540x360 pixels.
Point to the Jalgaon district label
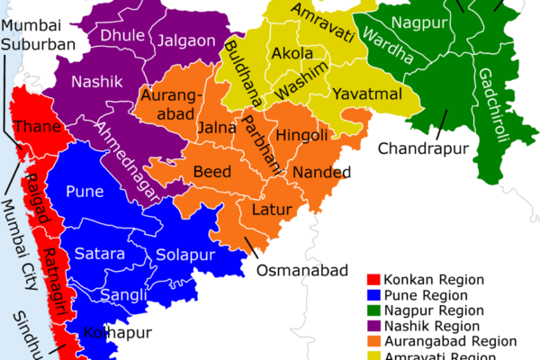tap(184, 40)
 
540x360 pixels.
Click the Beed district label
tap(212, 172)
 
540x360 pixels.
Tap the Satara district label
tap(99, 255)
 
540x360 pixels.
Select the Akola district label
tap(292, 54)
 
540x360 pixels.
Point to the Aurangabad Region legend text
tap(451, 341)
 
